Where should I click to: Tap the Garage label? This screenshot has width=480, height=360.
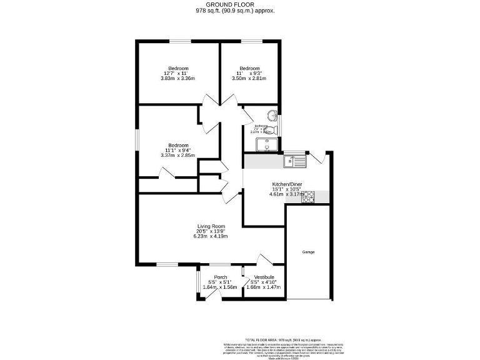point(308,252)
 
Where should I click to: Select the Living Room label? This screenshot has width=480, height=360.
point(211,226)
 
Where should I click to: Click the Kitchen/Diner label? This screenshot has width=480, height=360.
point(287,184)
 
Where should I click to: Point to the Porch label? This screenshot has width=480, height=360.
point(220,277)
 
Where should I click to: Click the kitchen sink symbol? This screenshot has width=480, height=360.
point(294,161)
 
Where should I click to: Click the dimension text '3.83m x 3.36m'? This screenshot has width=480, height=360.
point(177,79)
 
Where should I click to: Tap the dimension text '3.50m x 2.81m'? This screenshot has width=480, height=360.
point(249,79)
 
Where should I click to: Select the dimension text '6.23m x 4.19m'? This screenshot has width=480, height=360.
point(211,237)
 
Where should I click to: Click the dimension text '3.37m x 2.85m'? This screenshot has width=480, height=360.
point(177,155)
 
